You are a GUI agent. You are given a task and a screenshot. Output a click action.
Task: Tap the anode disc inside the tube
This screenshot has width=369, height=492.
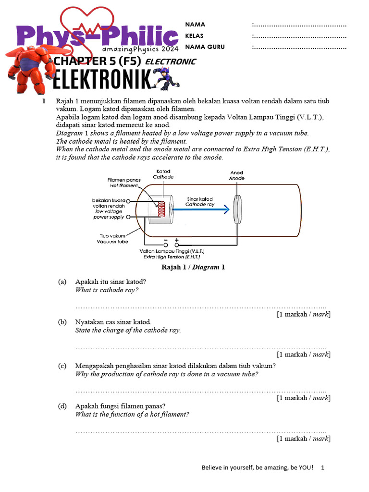236,209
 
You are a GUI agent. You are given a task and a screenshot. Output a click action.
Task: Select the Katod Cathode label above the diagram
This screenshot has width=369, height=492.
163,174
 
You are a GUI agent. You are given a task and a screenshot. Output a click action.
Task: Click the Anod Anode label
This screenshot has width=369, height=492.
236,175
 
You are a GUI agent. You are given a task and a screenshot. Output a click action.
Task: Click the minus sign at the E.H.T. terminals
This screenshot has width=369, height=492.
165,239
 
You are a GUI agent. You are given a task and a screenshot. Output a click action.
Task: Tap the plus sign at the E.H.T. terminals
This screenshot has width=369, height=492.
177,239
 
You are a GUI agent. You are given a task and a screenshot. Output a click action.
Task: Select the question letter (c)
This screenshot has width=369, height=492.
62,366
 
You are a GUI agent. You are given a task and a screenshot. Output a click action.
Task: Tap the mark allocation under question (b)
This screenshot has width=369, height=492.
303,354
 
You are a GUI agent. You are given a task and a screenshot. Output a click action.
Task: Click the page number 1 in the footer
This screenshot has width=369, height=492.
323,467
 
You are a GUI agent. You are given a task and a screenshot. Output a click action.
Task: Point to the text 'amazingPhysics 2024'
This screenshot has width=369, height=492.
140,49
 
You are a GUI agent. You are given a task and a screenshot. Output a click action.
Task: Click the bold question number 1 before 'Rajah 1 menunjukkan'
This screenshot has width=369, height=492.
44,101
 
